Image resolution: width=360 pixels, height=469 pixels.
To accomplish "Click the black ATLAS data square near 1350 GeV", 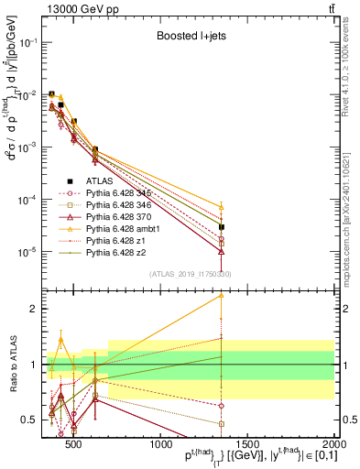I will point(222,226).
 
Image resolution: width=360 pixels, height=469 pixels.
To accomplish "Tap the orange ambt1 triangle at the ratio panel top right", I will point(222,295).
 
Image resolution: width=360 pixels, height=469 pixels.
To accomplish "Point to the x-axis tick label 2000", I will point(333,444).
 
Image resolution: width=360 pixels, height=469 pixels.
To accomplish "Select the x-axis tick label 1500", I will point(247,444).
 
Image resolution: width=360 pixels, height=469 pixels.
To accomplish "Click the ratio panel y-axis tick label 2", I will point(36,309).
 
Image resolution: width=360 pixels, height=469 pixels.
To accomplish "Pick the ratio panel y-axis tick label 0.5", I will point(31,420).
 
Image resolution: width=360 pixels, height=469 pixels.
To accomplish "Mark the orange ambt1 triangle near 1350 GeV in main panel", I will point(222,207).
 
